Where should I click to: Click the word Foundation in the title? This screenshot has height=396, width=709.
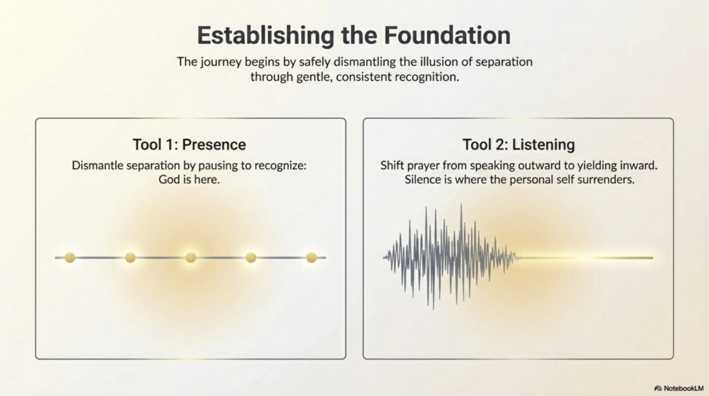click(447, 35)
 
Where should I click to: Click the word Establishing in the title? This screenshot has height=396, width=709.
click(265, 36)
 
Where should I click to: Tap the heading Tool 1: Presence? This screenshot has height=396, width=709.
click(189, 144)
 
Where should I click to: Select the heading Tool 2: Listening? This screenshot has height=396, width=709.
click(519, 145)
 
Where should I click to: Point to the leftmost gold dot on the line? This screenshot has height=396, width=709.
click(70, 258)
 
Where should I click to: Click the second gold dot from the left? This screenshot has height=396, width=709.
click(130, 258)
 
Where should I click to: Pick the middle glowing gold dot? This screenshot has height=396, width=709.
click(191, 258)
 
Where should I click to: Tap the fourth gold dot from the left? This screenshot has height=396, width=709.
click(251, 258)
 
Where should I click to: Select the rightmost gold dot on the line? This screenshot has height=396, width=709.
click(312, 258)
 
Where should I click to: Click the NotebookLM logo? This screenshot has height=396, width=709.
click(679, 388)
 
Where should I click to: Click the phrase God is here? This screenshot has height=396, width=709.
click(189, 180)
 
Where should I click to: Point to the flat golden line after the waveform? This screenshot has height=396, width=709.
click(586, 258)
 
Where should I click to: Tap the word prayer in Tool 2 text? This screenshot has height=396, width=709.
click(424, 166)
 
